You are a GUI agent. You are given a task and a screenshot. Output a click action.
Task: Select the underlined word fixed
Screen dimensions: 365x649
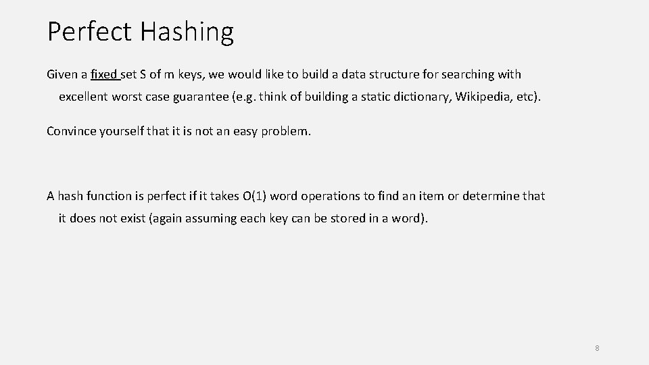coord(105,74)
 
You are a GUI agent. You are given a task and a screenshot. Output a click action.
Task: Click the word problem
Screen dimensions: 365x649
coord(287,131)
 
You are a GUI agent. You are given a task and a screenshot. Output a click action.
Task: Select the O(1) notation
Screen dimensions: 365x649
coord(254,196)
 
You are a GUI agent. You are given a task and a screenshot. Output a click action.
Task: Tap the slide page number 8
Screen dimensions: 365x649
coord(598,348)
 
